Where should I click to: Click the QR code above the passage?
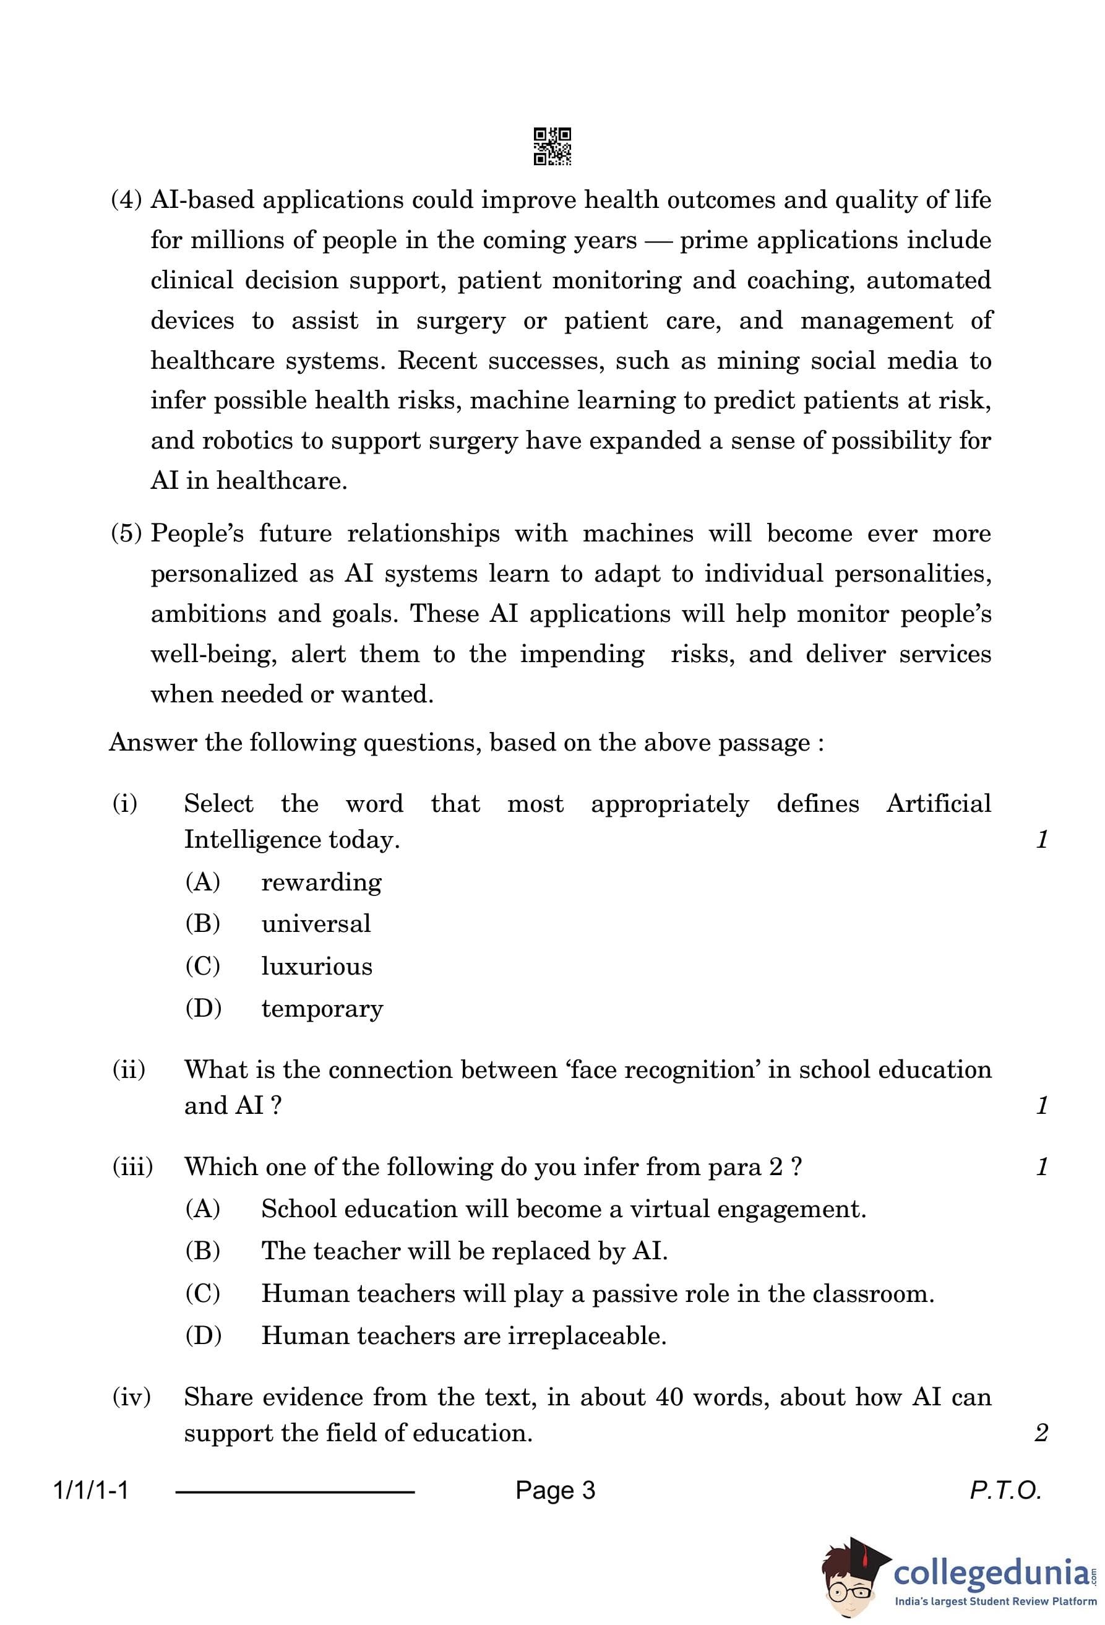tap(552, 146)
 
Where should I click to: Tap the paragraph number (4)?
tap(126, 200)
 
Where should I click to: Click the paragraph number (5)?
tap(126, 533)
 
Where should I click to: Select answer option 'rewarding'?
tap(321, 882)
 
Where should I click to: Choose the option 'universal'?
tap(316, 925)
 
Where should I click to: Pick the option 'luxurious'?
tap(317, 967)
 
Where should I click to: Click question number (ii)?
tap(129, 1070)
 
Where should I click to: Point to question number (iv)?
tap(131, 1397)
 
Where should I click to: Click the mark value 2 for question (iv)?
tap(1041, 1433)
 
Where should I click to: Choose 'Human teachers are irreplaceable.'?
tap(463, 1336)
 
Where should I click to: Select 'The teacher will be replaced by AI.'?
tap(464, 1251)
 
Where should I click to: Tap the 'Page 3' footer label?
tap(555, 1491)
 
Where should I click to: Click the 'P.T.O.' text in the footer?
tap(1005, 1491)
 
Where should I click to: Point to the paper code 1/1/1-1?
tap(91, 1491)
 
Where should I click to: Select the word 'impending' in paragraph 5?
tap(582, 655)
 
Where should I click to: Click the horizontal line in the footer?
tap(295, 1492)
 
